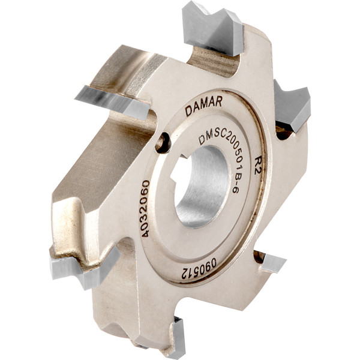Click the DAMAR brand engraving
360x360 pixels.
click(x=203, y=106)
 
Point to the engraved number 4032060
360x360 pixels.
click(x=146, y=209)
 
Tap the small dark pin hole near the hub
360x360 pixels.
click(x=163, y=143)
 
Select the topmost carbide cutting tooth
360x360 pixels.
click(x=212, y=29)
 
